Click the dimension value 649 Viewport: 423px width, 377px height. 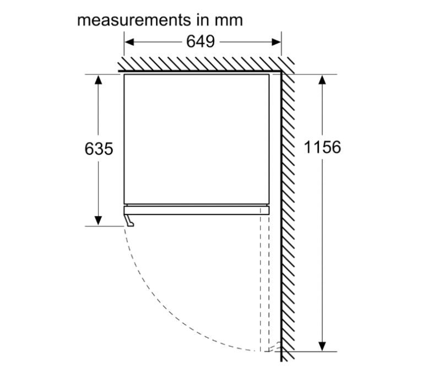click(x=200, y=42)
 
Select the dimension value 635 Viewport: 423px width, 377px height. click(x=99, y=148)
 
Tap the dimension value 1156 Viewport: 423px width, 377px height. click(x=323, y=147)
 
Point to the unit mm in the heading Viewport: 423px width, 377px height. click(x=228, y=20)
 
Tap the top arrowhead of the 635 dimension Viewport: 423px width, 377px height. click(x=99, y=79)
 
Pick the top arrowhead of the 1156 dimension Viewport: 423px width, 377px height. click(x=323, y=79)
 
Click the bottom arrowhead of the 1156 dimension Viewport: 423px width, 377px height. click(x=323, y=346)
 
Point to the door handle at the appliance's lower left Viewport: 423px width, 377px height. click(x=129, y=220)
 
